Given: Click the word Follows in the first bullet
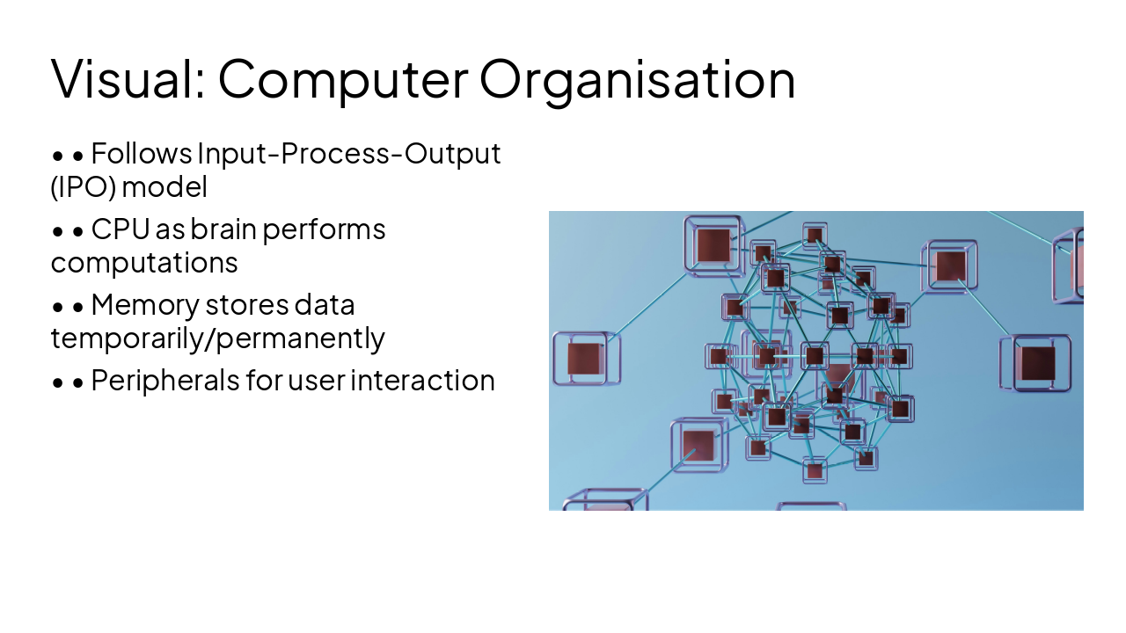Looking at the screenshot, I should [x=142, y=154].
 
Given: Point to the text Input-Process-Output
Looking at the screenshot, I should [x=349, y=154].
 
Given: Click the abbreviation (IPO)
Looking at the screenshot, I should [x=84, y=186].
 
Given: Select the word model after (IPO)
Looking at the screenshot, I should [x=165, y=186].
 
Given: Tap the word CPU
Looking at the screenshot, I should [x=121, y=229].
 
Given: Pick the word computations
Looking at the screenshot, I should [x=144, y=262].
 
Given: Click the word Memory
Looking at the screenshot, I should [x=144, y=305].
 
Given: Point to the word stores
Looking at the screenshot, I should [x=245, y=305].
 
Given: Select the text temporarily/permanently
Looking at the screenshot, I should [x=218, y=338].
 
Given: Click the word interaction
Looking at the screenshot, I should [x=422, y=381].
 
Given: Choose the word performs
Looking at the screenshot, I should [x=325, y=229].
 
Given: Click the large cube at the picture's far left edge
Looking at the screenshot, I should [x=584, y=358].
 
